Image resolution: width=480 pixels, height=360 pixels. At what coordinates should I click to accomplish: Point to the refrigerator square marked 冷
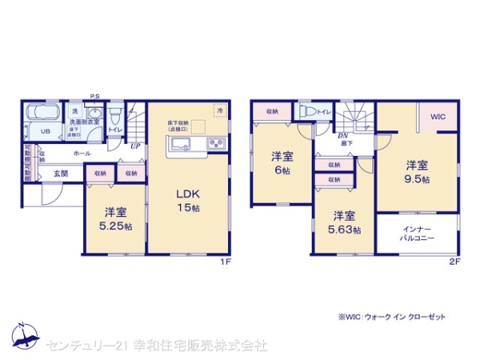click(218, 110)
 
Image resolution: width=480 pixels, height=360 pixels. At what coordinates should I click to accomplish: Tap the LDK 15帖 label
click(186, 199)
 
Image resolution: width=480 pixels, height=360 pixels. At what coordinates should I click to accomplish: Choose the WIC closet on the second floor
click(437, 117)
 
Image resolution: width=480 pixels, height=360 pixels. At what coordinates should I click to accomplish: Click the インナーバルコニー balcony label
click(418, 234)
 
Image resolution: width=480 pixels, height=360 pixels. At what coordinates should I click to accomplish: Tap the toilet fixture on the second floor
click(306, 113)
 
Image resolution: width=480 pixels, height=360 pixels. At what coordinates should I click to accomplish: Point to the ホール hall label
click(82, 152)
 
